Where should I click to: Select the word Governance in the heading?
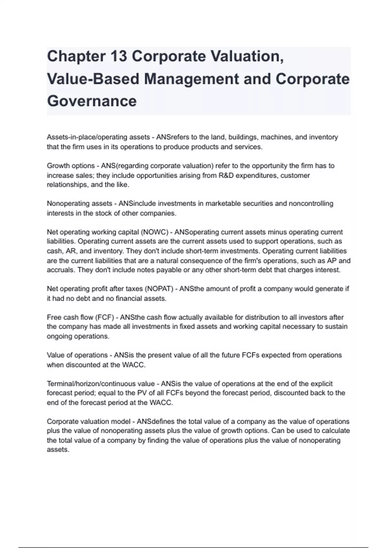tap(92, 101)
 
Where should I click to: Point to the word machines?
tap(274, 137)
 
